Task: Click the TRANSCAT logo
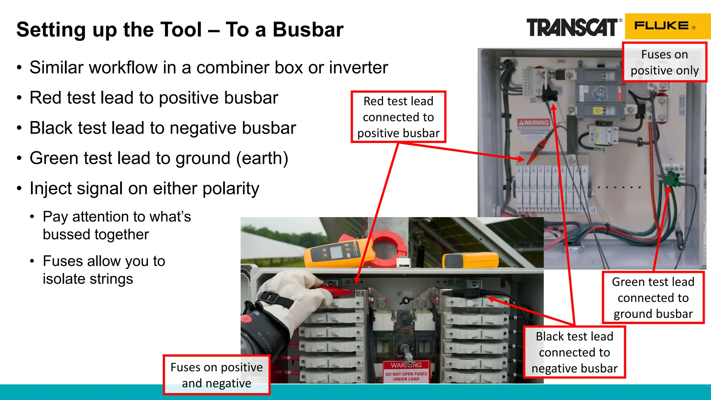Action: [x=572, y=28]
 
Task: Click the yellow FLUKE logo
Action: [x=663, y=26]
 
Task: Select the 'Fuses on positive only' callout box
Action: [x=664, y=62]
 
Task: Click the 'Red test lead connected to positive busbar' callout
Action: [x=398, y=117]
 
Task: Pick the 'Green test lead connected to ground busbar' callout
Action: [x=653, y=298]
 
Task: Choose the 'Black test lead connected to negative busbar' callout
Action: [x=574, y=352]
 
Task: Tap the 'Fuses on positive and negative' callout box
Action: [x=216, y=375]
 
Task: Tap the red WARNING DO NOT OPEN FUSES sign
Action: [x=406, y=372]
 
